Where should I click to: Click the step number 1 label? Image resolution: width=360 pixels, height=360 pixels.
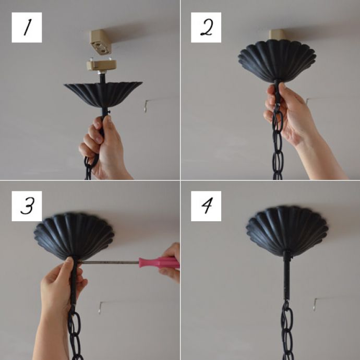click(x=27, y=27)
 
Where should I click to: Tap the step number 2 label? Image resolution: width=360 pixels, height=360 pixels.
click(x=206, y=27)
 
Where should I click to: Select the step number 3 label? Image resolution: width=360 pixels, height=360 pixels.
click(x=27, y=206)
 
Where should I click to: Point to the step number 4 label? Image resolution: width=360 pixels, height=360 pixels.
click(x=206, y=206)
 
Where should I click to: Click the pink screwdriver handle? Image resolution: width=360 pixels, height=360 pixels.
click(x=159, y=262)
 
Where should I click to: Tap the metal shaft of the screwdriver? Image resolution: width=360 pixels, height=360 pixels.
click(x=109, y=262)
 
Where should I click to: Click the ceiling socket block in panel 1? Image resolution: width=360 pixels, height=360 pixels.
click(x=101, y=42)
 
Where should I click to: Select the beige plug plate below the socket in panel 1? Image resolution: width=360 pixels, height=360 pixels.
click(x=101, y=65)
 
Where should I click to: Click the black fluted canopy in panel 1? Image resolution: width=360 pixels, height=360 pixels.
click(x=103, y=94)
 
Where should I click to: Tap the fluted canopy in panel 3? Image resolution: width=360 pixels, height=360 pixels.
click(x=74, y=236)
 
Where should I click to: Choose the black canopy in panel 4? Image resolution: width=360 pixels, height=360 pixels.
click(x=287, y=231)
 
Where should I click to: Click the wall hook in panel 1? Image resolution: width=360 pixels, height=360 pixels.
click(x=146, y=105)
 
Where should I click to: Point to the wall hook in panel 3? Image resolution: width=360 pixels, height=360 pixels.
click(x=101, y=308)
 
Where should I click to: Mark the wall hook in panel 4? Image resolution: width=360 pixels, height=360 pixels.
click(x=316, y=304)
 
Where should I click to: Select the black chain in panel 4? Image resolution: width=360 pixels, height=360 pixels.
click(x=287, y=331)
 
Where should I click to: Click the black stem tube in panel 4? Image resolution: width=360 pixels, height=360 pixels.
click(x=286, y=275)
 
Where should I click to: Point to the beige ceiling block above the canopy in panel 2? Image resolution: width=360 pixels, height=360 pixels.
click(x=277, y=34)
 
